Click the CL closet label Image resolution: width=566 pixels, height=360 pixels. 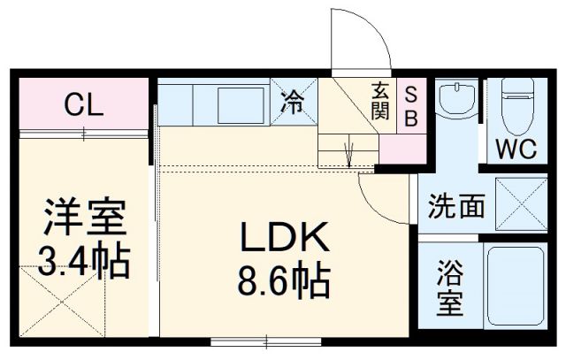coord(84,106)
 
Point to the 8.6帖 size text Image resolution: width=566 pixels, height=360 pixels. coord(283,282)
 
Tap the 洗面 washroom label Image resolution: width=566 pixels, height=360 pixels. coord(456,207)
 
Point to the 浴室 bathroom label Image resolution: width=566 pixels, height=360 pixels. coord(450,290)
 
